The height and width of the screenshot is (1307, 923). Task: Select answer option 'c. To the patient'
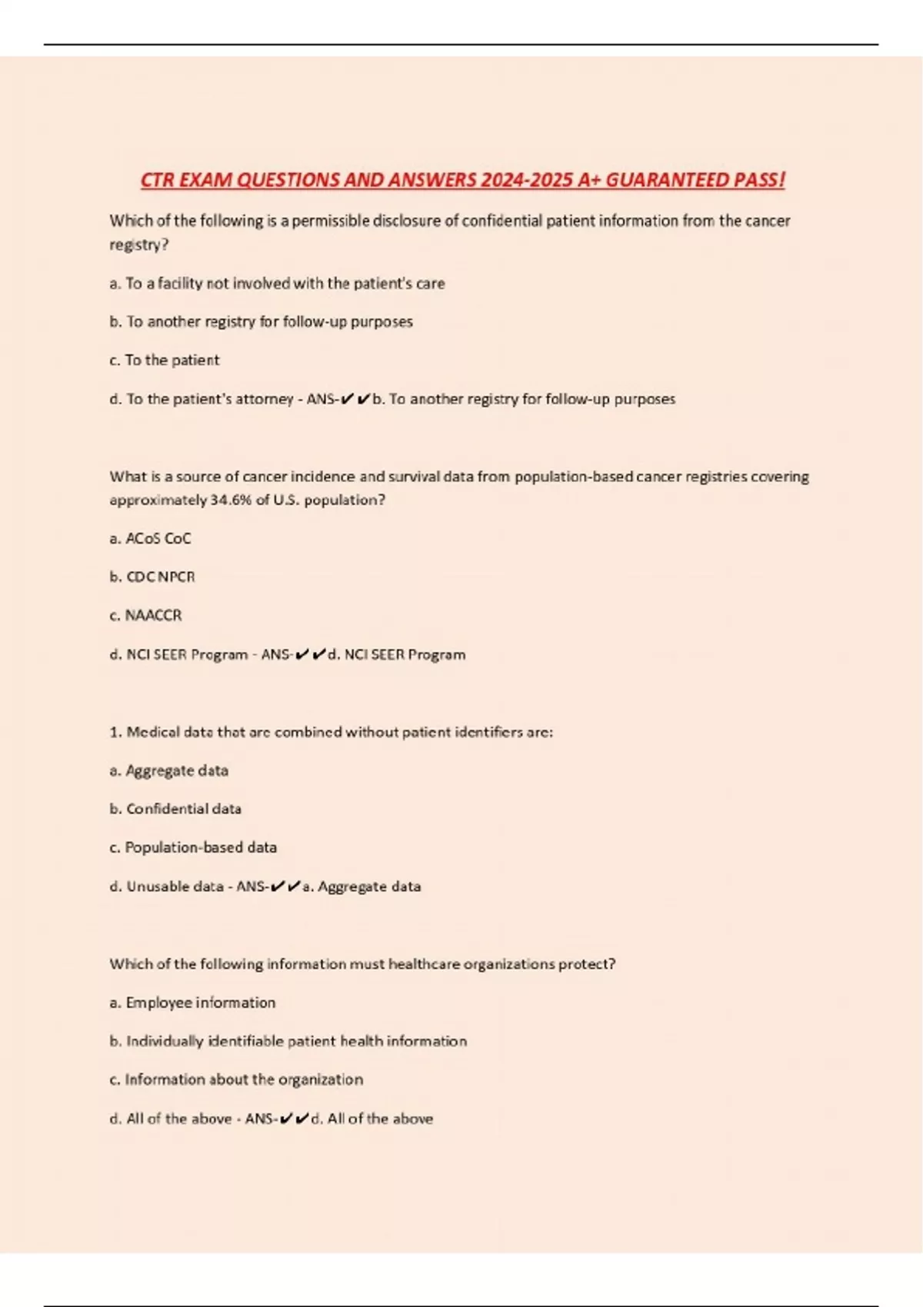point(165,360)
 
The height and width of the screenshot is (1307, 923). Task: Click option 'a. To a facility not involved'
point(277,283)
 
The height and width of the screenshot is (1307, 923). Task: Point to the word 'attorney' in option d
point(264,399)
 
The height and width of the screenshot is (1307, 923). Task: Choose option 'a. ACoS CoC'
point(150,538)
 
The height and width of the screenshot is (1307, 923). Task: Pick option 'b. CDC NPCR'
point(152,577)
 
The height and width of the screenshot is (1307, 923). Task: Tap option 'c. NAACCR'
point(146,615)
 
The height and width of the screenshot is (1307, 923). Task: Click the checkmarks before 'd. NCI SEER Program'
point(310,654)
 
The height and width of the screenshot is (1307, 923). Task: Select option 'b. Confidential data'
point(175,809)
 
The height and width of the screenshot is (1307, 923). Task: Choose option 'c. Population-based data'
point(193,847)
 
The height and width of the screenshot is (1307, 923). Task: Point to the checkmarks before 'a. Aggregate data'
point(285,886)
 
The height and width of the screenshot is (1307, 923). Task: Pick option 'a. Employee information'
point(192,1003)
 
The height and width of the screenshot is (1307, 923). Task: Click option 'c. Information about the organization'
point(236,1079)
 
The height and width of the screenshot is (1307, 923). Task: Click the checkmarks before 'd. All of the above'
point(294,1119)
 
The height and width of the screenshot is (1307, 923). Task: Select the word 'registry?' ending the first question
point(138,245)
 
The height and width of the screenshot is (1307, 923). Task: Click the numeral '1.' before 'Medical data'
point(115,732)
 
